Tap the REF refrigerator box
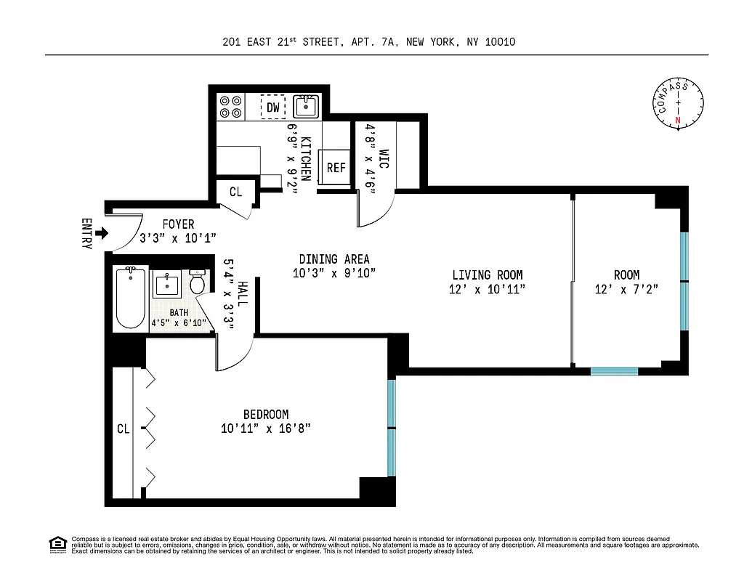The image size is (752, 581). [336, 167]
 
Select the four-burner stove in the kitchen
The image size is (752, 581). [231, 107]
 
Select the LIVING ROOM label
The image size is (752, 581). [487, 275]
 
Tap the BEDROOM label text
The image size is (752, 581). [266, 415]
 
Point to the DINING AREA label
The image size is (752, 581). [333, 259]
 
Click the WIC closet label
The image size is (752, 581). [384, 160]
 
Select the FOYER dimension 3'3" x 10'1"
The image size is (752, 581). [178, 238]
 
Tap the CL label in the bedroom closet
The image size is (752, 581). [123, 429]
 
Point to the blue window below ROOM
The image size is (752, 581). [614, 371]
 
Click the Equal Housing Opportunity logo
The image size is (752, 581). [57, 544]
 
